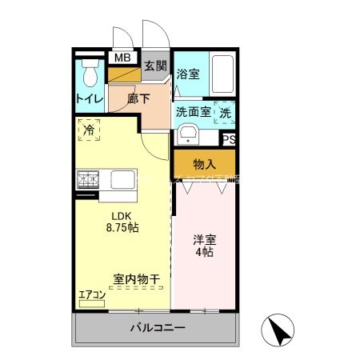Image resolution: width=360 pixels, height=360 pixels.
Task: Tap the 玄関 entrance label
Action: pos(156,66)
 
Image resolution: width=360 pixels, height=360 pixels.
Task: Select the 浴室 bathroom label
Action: pos(188,74)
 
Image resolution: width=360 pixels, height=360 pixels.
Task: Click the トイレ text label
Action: pos(88,100)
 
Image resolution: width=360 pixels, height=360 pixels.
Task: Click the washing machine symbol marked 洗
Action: pos(225,113)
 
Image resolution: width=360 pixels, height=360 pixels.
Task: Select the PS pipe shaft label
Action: pos(229,139)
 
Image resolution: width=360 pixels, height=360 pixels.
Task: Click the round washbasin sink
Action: pos(189,134)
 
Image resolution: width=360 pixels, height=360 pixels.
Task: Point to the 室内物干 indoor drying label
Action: pos(136,279)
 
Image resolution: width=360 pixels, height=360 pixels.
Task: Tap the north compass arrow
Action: pos(277,330)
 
